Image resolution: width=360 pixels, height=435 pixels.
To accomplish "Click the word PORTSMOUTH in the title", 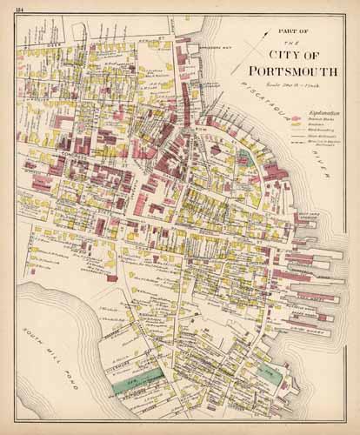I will [x=288, y=71].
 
